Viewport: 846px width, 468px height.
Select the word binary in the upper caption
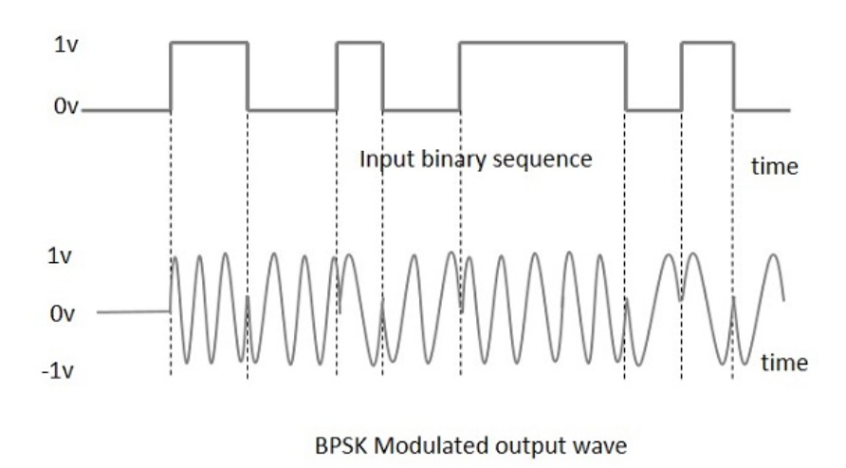[454, 159]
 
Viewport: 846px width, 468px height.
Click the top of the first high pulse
[209, 43]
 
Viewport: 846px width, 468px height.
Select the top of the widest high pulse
[542, 43]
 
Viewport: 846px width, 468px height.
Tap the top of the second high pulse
[359, 43]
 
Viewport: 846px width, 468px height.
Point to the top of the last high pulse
[708, 43]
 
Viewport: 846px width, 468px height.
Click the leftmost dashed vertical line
[171, 237]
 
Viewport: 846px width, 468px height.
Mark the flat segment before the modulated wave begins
[133, 311]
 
